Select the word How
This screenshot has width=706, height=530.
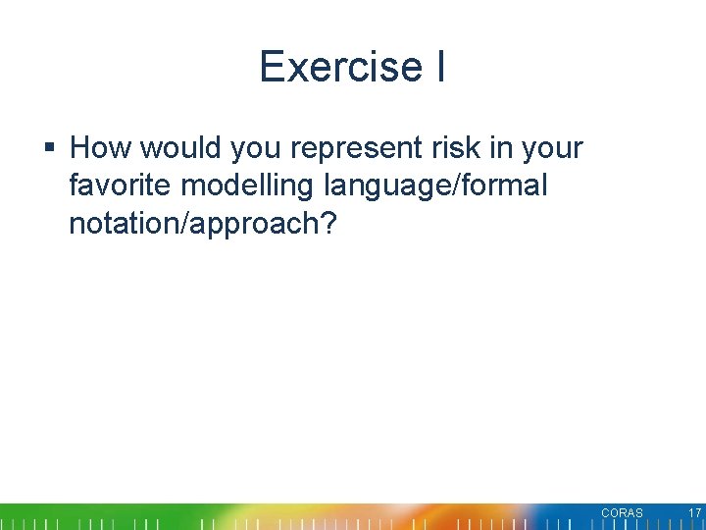coord(101,148)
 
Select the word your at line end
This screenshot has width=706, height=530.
coord(552,148)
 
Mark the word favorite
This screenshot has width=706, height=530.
coord(117,185)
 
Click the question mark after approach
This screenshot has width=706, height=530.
coord(329,223)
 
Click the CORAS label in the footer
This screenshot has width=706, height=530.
coord(622,513)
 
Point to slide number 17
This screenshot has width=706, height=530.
coord(694,513)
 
